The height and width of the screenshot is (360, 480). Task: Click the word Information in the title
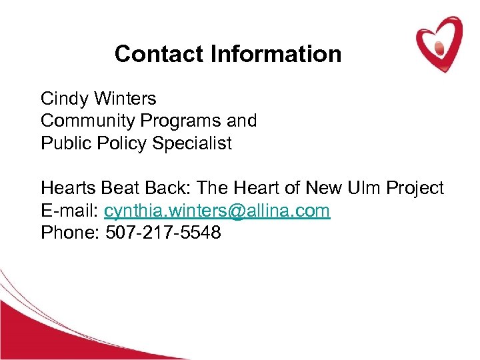tap(276, 54)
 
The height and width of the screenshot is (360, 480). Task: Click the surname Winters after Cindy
tap(126, 99)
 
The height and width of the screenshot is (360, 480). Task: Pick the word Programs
tap(177, 121)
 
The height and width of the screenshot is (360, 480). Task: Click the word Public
tap(62, 143)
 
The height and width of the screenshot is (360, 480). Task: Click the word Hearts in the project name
tap(67, 189)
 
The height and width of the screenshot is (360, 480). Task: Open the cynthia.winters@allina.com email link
tap(217, 211)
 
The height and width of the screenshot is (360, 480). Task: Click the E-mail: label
tap(70, 211)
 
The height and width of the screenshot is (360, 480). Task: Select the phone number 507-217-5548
tap(163, 234)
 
